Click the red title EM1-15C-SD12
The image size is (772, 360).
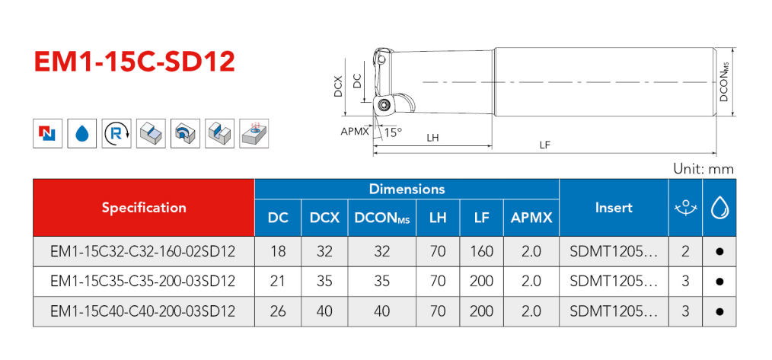tap(135, 62)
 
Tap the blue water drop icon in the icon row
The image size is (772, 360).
tap(82, 133)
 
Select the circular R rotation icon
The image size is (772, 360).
tap(116, 133)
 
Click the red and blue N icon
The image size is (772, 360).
tap(48, 133)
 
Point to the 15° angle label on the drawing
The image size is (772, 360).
tap(392, 132)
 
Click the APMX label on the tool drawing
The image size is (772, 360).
tap(355, 132)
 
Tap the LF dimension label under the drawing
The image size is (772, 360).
tap(544, 145)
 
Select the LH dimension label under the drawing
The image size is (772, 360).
tap(432, 139)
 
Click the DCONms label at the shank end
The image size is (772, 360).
tap(724, 81)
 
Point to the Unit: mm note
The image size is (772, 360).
tap(703, 169)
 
